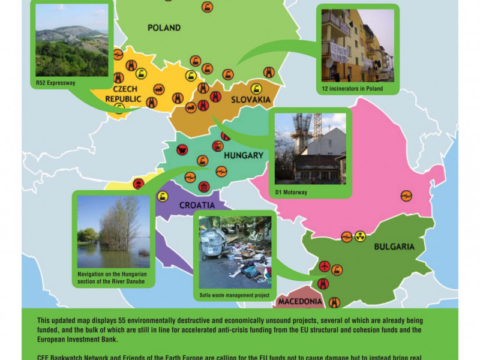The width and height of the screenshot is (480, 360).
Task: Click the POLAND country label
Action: click(x=164, y=28)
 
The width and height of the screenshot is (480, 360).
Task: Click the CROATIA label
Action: click(x=197, y=205)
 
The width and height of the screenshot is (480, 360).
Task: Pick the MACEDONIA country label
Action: click(x=300, y=301)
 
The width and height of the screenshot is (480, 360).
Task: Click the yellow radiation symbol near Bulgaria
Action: click(x=360, y=236)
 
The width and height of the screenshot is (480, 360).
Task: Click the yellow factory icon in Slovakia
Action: click(x=256, y=88)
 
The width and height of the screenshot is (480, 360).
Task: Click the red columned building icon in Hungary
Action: click(x=204, y=187)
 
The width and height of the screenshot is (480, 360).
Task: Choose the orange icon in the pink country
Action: click(x=406, y=195)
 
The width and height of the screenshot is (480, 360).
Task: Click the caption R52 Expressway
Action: click(x=56, y=83)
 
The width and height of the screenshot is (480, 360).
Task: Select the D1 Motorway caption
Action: click(x=291, y=193)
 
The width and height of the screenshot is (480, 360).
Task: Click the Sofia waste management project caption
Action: click(x=235, y=296)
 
